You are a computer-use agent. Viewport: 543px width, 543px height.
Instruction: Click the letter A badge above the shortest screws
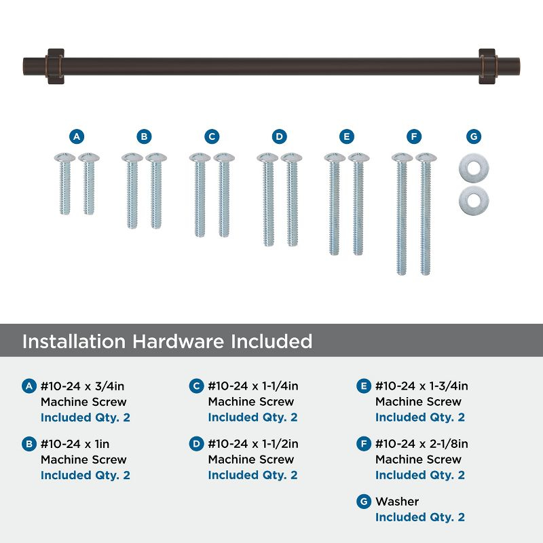[77, 136]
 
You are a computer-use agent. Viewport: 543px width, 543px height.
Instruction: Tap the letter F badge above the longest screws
[413, 136]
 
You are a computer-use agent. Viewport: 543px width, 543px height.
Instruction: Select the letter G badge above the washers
[474, 136]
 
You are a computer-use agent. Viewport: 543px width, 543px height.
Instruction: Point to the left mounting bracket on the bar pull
[55, 66]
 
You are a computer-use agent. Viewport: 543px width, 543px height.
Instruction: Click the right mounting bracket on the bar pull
[487, 66]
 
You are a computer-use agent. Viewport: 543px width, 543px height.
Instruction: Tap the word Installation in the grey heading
[75, 341]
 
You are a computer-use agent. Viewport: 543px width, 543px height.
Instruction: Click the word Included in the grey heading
[268, 341]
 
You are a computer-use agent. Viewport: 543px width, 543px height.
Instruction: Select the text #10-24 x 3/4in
[83, 386]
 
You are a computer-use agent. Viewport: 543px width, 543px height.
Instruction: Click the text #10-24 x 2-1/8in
[422, 444]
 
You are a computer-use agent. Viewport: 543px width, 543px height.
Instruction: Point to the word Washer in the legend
[397, 502]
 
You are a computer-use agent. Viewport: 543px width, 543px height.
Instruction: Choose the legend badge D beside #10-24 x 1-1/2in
[196, 444]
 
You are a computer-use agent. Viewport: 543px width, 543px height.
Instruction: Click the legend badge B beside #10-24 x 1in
[29, 444]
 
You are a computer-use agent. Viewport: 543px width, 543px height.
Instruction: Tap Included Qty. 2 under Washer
[420, 517]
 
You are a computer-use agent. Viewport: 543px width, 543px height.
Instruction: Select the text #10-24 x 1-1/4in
[253, 386]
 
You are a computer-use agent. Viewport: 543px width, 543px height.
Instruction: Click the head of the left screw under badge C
[200, 157]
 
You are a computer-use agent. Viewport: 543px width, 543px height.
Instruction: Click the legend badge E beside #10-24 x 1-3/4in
[363, 386]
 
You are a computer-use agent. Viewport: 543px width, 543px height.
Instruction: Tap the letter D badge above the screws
[279, 136]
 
